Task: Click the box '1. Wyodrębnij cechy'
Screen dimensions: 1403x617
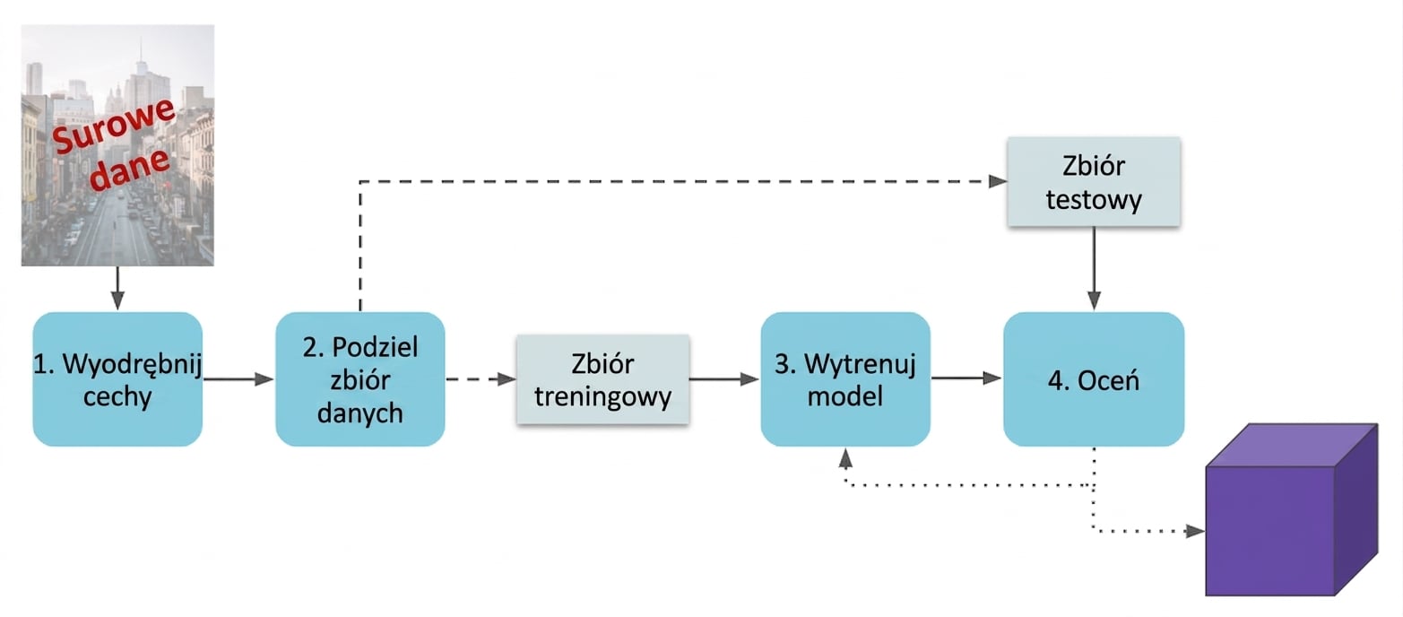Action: [x=117, y=379]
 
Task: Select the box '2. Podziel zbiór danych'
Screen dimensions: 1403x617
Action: [x=360, y=379]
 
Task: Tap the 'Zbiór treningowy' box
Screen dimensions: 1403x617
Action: [x=603, y=379]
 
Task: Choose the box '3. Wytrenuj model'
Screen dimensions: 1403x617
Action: [x=845, y=379]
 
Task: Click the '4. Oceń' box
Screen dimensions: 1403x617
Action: [x=1094, y=379]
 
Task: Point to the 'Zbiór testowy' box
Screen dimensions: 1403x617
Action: [x=1094, y=182]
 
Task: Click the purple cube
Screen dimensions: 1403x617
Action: [x=1292, y=509]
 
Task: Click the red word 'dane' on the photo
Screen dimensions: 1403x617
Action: [x=130, y=169]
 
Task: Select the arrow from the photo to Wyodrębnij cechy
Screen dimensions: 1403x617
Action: [x=117, y=288]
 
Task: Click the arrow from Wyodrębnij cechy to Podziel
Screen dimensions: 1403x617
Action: [x=238, y=379]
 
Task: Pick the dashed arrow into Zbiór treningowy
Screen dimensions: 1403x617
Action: [x=481, y=379]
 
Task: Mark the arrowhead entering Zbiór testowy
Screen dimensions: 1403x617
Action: [x=998, y=182]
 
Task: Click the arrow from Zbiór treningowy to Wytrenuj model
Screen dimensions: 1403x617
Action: [x=724, y=379]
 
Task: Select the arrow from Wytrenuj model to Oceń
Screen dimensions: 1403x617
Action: [x=966, y=378]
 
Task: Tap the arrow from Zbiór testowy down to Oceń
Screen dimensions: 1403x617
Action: [x=1094, y=269]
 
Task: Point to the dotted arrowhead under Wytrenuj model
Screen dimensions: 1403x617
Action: [x=845, y=458]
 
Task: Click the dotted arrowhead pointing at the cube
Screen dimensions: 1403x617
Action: [x=1195, y=532]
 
